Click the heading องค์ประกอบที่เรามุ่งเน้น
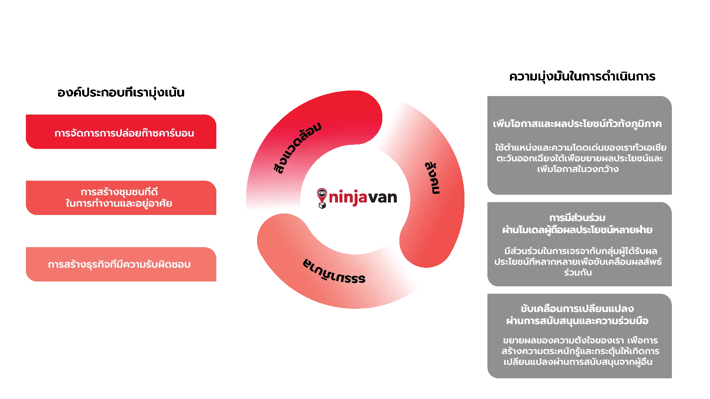point(121,92)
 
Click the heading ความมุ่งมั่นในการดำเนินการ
point(582,76)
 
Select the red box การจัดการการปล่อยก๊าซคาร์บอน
point(121,132)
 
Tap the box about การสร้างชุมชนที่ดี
point(121,198)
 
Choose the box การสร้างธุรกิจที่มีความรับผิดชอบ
point(121,264)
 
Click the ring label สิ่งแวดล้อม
point(297,148)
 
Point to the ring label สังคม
point(432,178)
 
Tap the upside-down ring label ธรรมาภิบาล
point(334,272)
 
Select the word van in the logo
point(382,198)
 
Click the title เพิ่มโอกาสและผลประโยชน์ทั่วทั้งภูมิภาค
point(577,124)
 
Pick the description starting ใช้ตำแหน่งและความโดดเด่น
point(580,158)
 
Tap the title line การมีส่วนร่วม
point(577,218)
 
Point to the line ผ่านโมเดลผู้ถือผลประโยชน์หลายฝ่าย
point(577,230)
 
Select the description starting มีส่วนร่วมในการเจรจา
point(578,262)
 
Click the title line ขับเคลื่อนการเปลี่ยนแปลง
point(577,308)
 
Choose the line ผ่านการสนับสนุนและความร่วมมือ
point(577,321)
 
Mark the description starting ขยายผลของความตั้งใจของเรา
point(580,351)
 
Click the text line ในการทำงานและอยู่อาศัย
point(119,204)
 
